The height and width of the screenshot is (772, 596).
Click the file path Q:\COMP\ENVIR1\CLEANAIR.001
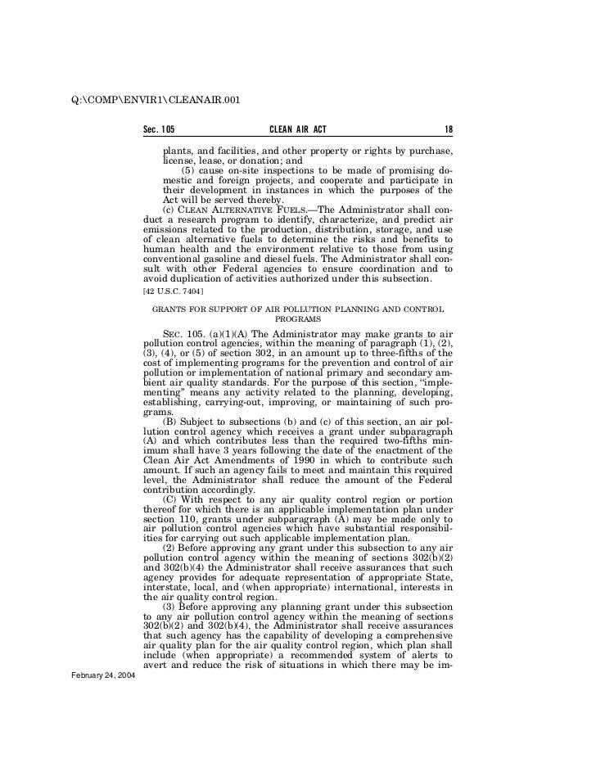click(x=155, y=100)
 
